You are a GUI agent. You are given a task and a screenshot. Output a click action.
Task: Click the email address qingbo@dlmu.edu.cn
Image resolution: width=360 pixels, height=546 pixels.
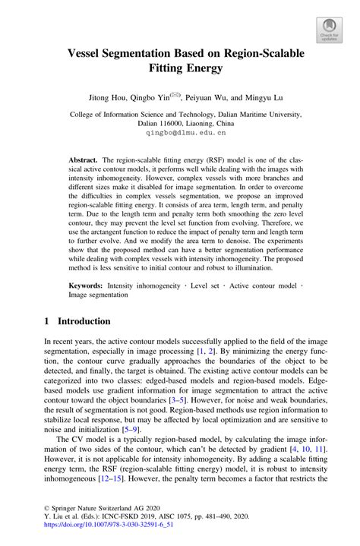pos(180,132)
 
